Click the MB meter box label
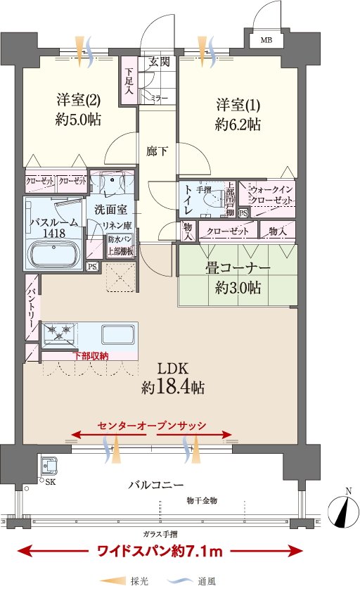pos(266,40)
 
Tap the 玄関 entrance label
pos(159,61)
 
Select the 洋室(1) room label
pos(238,104)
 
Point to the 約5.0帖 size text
pos(78,120)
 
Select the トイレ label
pos(188,199)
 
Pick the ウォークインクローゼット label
pos(271,194)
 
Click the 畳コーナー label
pos(238,268)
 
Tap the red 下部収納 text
pos(91,355)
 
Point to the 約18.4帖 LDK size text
pos(173,387)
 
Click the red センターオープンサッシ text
pos(152,426)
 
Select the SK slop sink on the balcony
pos(49,466)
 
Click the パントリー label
pos(31,307)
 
